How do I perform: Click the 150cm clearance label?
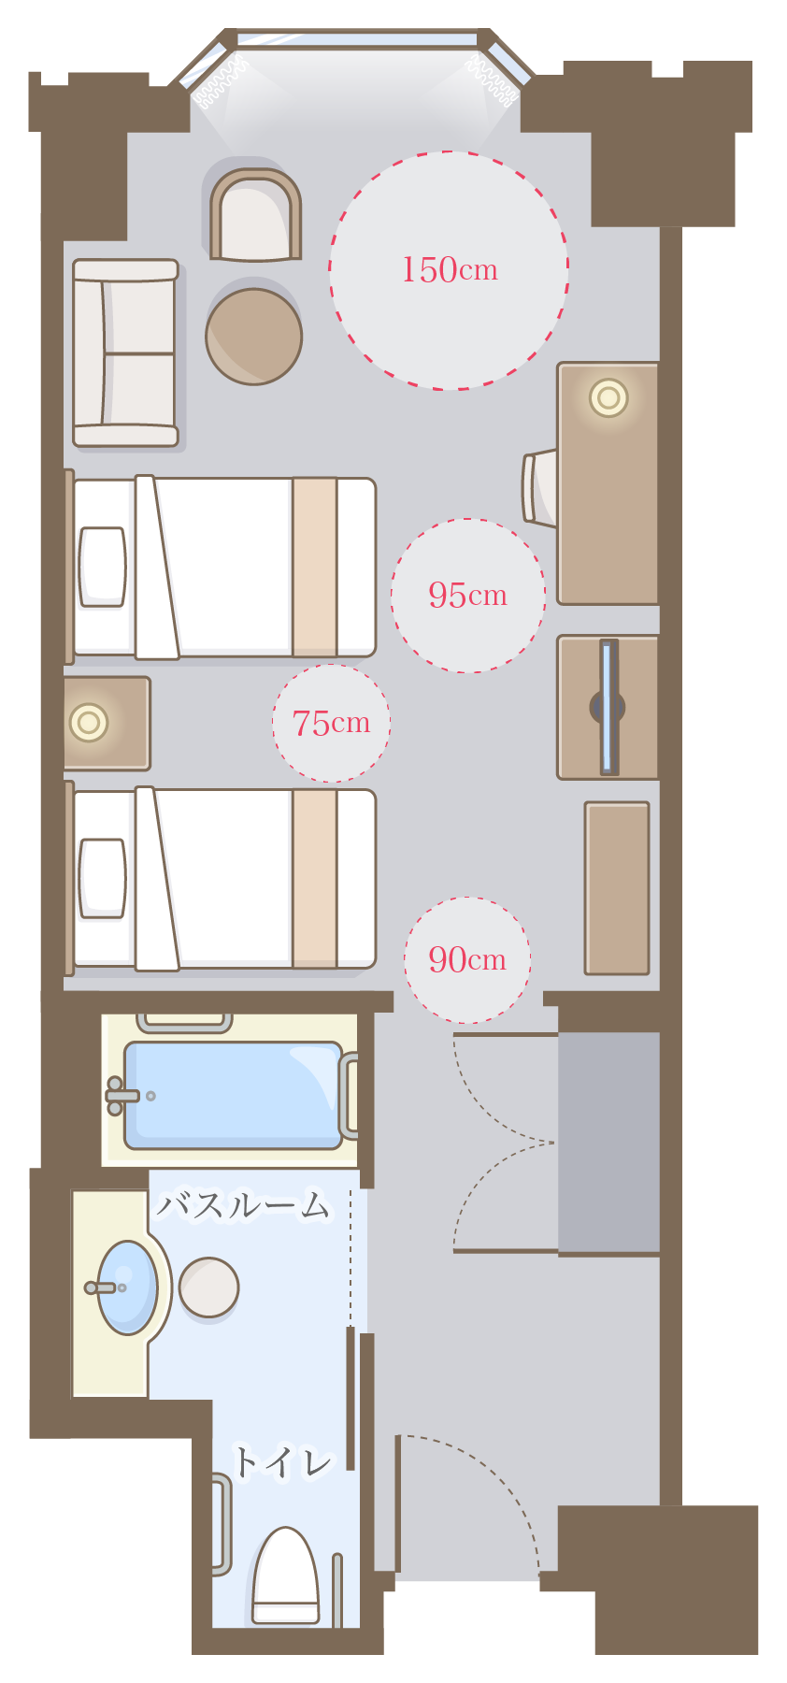click(x=450, y=270)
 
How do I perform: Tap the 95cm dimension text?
click(x=467, y=595)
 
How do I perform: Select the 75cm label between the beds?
click(x=331, y=723)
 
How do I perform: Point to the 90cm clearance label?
click(x=467, y=959)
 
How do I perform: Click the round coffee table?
click(x=254, y=337)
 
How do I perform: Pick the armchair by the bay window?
click(x=255, y=215)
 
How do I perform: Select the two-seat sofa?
click(x=126, y=353)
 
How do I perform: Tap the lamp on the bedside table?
click(x=89, y=722)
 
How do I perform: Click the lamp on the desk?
click(x=608, y=398)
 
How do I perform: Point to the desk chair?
click(x=539, y=487)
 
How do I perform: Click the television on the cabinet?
click(x=608, y=707)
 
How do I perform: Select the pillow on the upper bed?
click(x=102, y=567)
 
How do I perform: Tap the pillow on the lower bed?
click(x=102, y=878)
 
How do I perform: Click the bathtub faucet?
click(x=122, y=1096)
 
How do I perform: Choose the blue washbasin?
click(x=127, y=1287)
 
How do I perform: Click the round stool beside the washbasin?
click(x=208, y=1287)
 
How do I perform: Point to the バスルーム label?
click(x=243, y=1206)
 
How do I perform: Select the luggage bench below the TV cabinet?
click(x=617, y=888)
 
